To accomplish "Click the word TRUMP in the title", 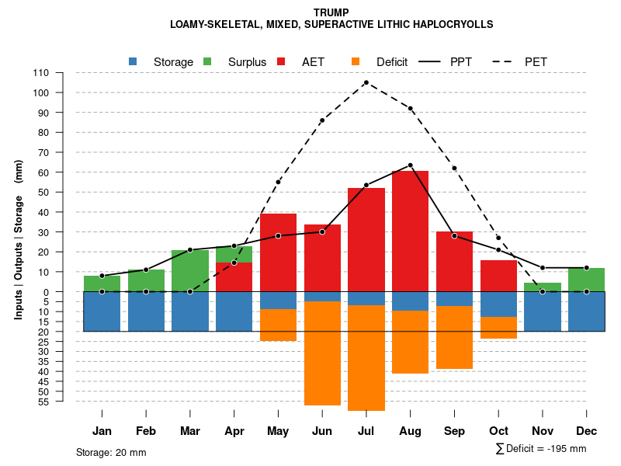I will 331,12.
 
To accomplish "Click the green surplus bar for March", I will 190,270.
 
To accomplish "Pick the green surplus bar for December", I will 587,280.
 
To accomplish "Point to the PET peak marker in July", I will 366,82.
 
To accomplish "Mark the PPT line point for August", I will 410,165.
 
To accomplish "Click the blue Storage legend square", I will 133,61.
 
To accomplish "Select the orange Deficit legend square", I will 356,61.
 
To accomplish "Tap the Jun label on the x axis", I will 322,431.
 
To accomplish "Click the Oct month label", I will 498,431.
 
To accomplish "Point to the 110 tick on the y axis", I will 41,73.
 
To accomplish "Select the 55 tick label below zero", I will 43,402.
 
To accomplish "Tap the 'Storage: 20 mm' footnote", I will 111,452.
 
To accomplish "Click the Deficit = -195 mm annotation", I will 541,449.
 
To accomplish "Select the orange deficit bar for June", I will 322,353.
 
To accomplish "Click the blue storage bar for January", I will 102,311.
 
